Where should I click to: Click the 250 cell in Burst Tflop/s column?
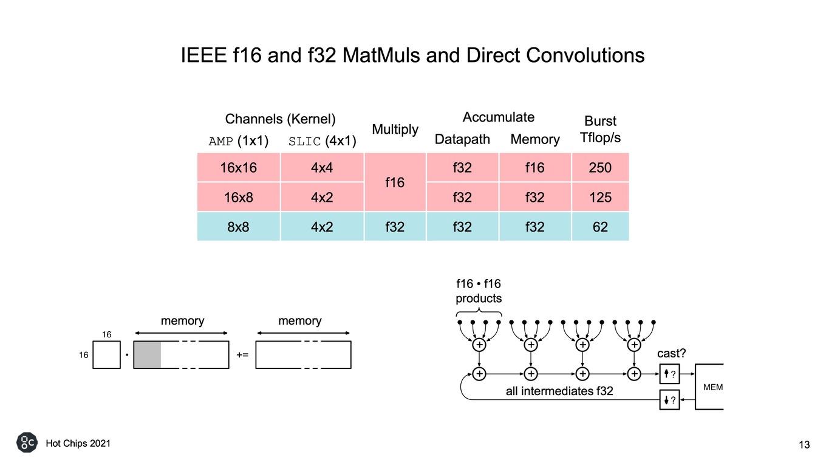[x=600, y=168]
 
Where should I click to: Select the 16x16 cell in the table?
[x=239, y=168]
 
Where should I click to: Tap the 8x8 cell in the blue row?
[x=239, y=227]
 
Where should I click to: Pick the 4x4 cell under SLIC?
[x=322, y=168]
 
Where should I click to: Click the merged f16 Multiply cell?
[x=395, y=182]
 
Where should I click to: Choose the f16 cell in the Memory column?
[x=535, y=168]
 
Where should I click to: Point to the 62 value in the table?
[x=600, y=227]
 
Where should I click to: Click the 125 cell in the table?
[x=600, y=197]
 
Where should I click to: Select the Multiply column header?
[x=395, y=129]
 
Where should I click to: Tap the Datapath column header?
[x=462, y=139]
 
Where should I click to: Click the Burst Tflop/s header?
[x=600, y=129]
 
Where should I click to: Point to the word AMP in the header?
[x=221, y=142]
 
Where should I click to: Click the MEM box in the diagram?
[x=709, y=387]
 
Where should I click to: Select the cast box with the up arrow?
[x=670, y=374]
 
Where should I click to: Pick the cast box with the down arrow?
[x=670, y=400]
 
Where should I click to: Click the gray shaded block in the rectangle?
[x=147, y=354]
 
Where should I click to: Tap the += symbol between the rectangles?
[x=242, y=355]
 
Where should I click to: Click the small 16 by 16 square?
[x=106, y=354]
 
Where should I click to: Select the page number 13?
[x=804, y=445]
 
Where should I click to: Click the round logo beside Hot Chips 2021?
[x=27, y=443]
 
